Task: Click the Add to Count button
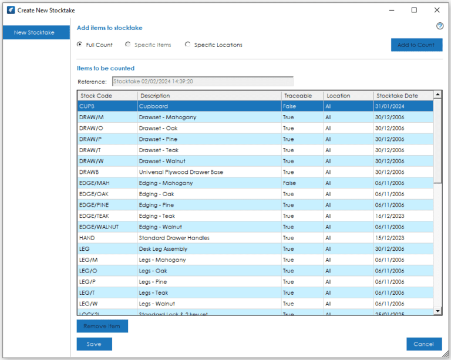click(x=416, y=45)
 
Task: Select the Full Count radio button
click(x=80, y=45)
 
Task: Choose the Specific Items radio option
click(x=128, y=45)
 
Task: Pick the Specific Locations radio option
click(x=188, y=45)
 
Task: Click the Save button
click(x=94, y=344)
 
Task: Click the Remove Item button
click(x=102, y=326)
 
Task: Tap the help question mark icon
click(x=440, y=26)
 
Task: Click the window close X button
click(x=436, y=10)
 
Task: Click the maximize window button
click(x=414, y=10)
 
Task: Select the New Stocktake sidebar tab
click(x=35, y=32)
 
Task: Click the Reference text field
click(x=202, y=82)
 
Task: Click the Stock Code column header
click(x=107, y=96)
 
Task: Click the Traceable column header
click(x=302, y=96)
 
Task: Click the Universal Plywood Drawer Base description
click(x=181, y=172)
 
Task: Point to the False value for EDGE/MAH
click(x=289, y=183)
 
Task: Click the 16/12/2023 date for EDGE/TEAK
click(x=390, y=216)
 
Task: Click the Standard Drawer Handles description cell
click(x=174, y=238)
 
